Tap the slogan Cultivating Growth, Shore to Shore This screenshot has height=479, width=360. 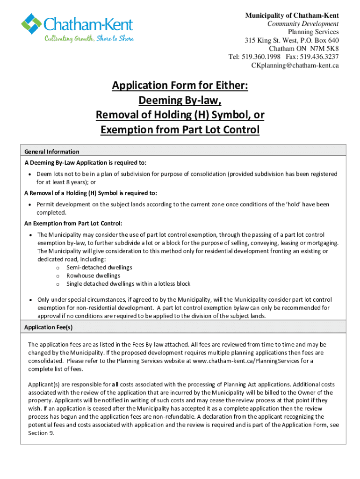tap(89, 38)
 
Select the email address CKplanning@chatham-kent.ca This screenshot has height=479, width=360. tap(295, 65)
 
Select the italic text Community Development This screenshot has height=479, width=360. tap(303, 24)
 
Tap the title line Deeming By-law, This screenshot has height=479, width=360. tap(180, 100)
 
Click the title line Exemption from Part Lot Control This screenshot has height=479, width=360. tap(180, 130)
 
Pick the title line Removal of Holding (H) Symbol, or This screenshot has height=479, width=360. tap(180, 115)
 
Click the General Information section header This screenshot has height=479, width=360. tap(52, 152)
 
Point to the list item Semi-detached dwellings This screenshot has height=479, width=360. tap(99, 268)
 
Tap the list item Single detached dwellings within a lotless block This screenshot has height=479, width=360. tap(128, 284)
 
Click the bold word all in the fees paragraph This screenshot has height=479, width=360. tap(115, 385)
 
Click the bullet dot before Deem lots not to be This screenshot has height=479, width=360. tap(30, 174)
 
